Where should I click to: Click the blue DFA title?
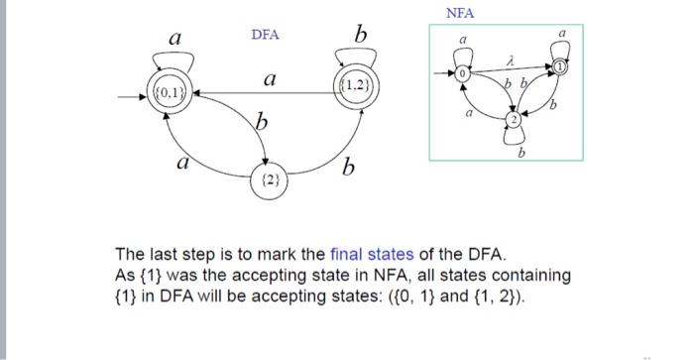pyautogui.click(x=265, y=35)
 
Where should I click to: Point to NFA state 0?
pyautogui.click(x=462, y=75)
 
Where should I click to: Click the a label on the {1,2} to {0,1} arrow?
pyautogui.click(x=269, y=78)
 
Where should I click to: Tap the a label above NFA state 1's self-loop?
pyautogui.click(x=563, y=33)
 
